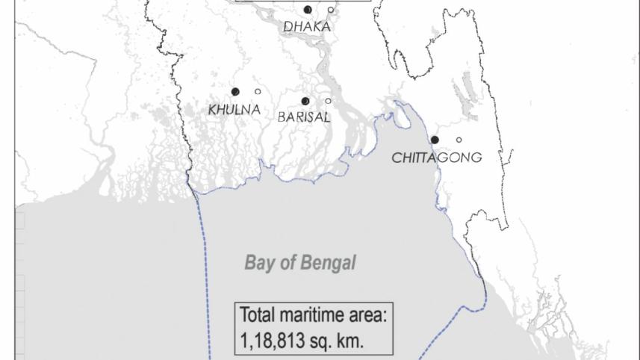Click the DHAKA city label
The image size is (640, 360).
point(306,27)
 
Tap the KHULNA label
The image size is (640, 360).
point(234,110)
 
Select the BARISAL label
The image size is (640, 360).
point(303,117)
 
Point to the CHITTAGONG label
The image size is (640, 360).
point(436,158)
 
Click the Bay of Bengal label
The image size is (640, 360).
point(299,263)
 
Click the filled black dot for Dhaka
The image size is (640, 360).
point(308,10)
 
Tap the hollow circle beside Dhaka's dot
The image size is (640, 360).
point(331,10)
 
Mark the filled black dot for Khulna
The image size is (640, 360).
point(235,92)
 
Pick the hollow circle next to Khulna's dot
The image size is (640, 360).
point(258,92)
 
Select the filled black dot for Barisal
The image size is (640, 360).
point(305,102)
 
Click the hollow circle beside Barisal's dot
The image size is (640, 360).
point(328,102)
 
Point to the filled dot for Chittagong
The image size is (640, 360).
point(435,140)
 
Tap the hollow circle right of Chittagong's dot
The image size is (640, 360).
point(459,140)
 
